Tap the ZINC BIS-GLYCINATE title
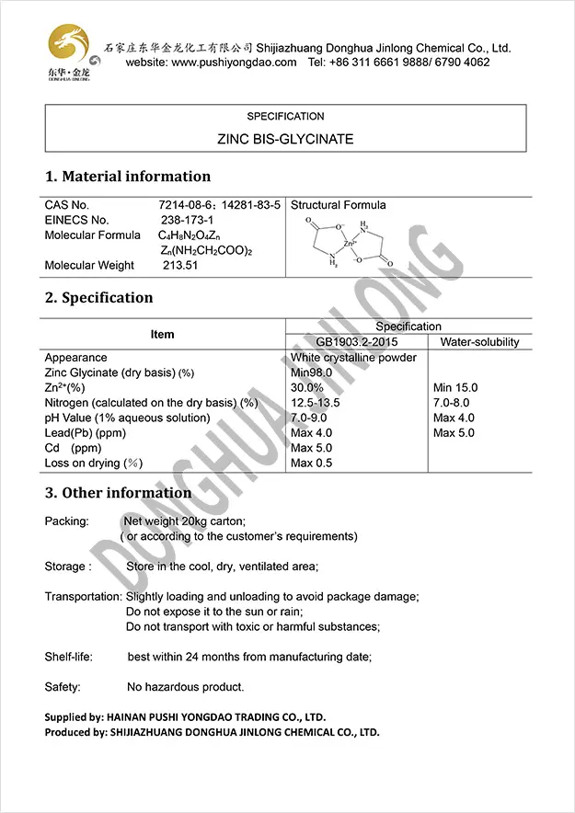[285, 140]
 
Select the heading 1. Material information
[128, 177]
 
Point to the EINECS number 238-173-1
[187, 220]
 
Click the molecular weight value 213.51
[181, 266]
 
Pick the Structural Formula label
[338, 205]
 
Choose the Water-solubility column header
[479, 342]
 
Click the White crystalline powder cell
[353, 358]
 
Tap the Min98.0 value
[311, 372]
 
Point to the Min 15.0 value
[455, 388]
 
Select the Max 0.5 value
[311, 463]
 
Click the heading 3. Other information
[119, 493]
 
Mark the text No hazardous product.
[186, 687]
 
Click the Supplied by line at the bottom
[185, 716]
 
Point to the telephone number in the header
[398, 63]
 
